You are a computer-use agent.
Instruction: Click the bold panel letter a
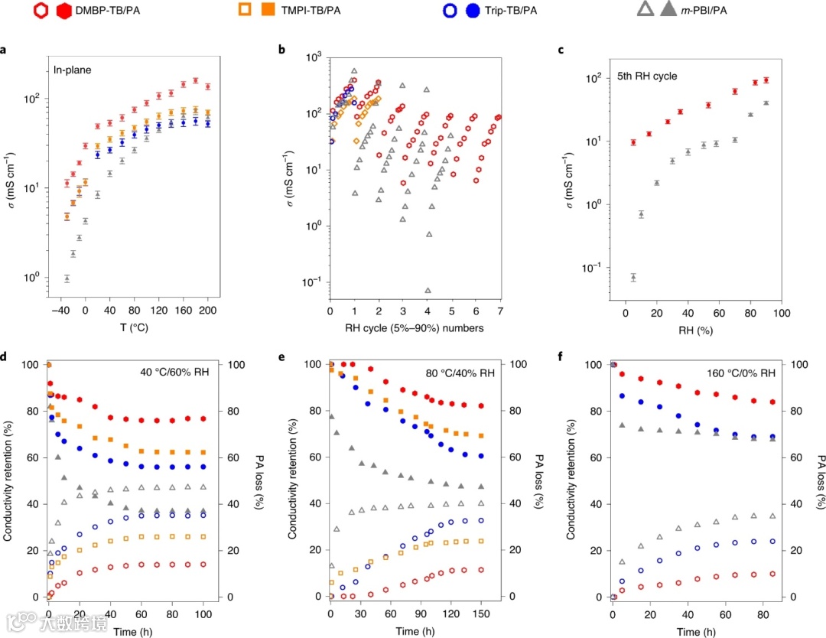[5, 50]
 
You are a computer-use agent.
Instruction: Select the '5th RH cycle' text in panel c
[646, 76]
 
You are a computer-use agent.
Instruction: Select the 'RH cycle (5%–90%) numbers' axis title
[414, 330]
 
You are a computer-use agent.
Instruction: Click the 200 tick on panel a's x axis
[208, 312]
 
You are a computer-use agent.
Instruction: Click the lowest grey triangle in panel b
[428, 291]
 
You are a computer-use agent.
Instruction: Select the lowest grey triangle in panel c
[633, 277]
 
